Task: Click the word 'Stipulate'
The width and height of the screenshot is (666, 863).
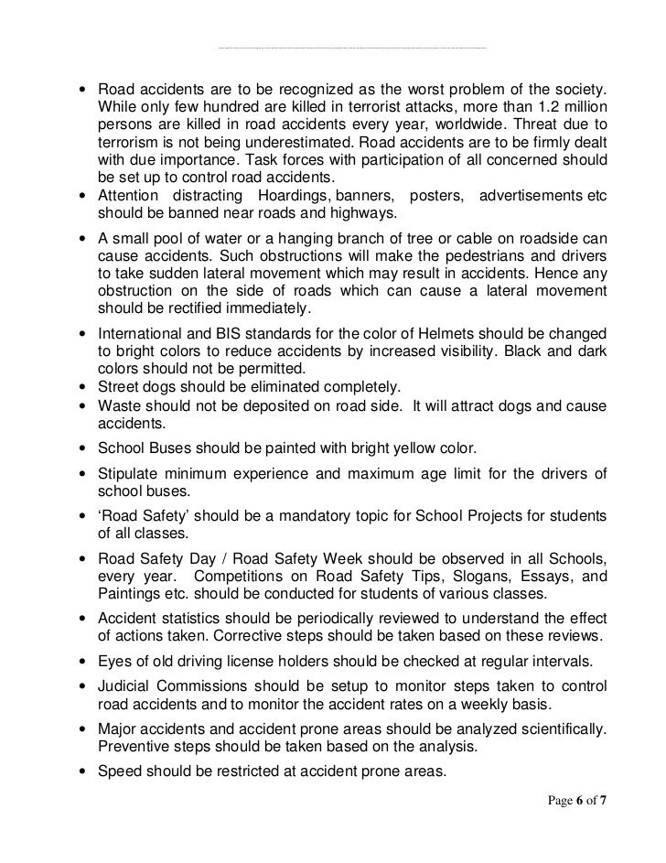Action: tap(127, 473)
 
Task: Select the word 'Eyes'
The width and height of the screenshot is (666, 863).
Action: tap(113, 660)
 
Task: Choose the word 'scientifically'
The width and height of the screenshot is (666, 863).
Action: tap(557, 728)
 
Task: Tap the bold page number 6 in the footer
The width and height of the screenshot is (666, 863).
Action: tap(579, 800)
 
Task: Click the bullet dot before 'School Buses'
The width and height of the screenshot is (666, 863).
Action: tap(83, 449)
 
